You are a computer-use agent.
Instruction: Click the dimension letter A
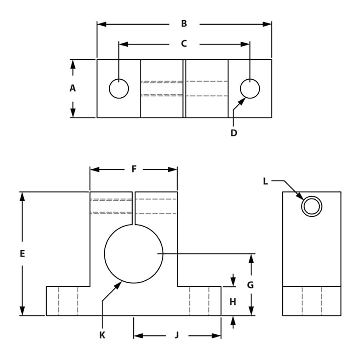tap(72, 89)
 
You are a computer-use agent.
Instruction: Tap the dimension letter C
tap(184, 44)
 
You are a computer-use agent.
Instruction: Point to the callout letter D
tap(234, 133)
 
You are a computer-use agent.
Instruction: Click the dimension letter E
tap(22, 254)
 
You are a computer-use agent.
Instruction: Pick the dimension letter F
tap(134, 169)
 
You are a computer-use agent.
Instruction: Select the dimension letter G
tap(251, 285)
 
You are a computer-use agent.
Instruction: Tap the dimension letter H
tap(233, 302)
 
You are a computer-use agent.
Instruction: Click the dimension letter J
tap(177, 335)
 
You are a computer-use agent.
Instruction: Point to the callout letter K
tap(102, 335)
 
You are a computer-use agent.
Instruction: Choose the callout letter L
tap(265, 181)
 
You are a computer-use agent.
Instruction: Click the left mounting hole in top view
tap(119, 89)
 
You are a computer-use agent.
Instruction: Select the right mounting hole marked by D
tap(250, 89)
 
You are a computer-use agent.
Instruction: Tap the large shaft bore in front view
tap(134, 254)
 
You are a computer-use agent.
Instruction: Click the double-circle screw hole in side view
tap(311, 207)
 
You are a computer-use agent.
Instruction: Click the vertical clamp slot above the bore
tap(134, 208)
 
